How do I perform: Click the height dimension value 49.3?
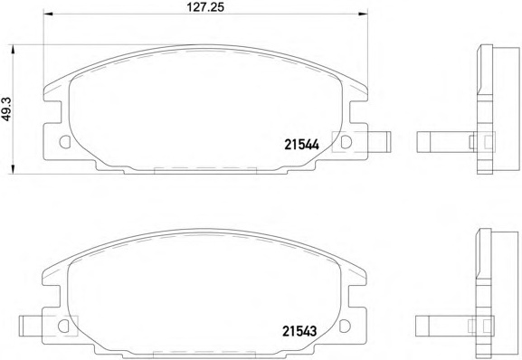coord(6,107)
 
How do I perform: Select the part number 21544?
coord(301,143)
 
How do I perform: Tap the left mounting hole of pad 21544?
coord(64,142)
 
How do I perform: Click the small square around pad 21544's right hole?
coord(344,142)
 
